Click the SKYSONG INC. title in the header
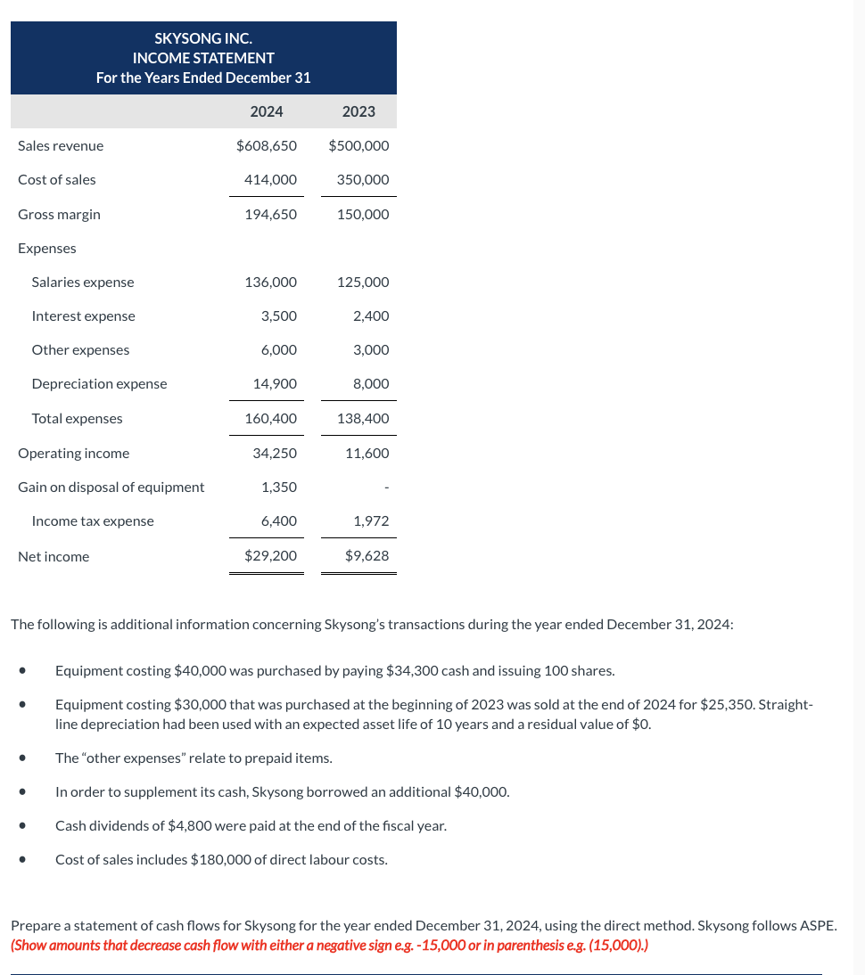tap(203, 38)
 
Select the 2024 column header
tap(267, 111)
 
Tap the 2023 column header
tap(358, 111)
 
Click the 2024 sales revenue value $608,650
tap(267, 145)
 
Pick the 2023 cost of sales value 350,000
tap(363, 179)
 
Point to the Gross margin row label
tap(59, 214)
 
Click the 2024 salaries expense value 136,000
tap(271, 282)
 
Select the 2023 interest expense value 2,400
tap(371, 315)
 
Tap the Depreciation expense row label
tap(99, 383)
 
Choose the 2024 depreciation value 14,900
tap(275, 383)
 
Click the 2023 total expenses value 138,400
tap(363, 418)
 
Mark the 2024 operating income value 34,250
tap(275, 453)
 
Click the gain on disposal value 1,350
tap(279, 487)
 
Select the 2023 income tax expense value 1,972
tap(371, 520)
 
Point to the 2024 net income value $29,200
tap(271, 556)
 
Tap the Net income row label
tap(54, 556)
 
